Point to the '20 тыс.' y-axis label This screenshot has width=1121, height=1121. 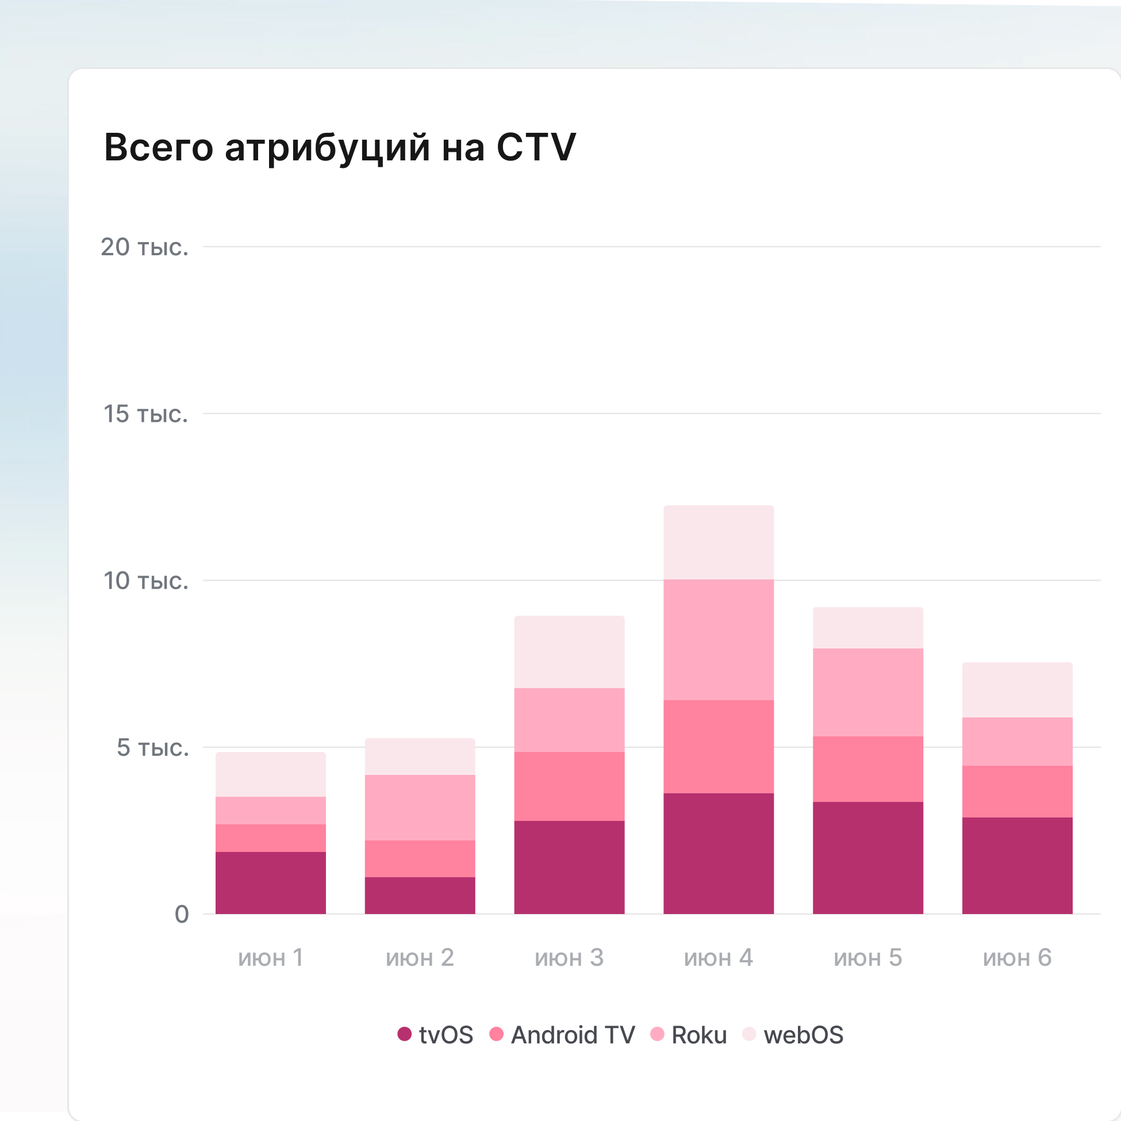tap(144, 247)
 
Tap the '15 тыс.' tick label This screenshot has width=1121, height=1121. tap(145, 414)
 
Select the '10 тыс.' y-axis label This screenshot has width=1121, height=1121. tap(145, 581)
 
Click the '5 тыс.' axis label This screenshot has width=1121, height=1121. tap(152, 747)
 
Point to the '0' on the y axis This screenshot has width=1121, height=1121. tap(182, 915)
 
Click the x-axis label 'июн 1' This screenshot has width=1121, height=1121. tap(270, 958)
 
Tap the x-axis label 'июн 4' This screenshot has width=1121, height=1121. tap(719, 958)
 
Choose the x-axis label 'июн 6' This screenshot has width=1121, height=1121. tap(1017, 958)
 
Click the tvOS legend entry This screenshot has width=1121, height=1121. tap(436, 1035)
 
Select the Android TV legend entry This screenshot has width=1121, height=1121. tap(562, 1035)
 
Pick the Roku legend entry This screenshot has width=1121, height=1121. tap(689, 1035)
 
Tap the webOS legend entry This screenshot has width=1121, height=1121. tap(793, 1035)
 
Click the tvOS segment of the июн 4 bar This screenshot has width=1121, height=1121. tap(719, 854)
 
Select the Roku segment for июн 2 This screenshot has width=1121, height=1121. tap(420, 808)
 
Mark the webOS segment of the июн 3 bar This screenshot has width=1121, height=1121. tap(569, 652)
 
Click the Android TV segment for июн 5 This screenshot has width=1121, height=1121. tap(868, 769)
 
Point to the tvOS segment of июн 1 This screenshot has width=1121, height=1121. tap(270, 883)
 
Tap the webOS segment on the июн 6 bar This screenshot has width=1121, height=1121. tap(1017, 690)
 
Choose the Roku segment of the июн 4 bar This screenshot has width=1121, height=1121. tap(719, 640)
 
